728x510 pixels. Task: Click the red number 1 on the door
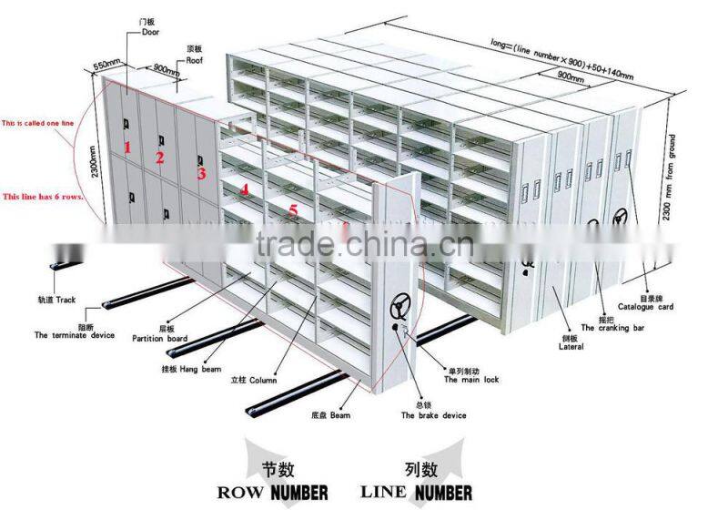pyautogui.click(x=128, y=146)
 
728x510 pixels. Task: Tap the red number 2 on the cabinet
pyautogui.click(x=159, y=158)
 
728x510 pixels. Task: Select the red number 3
pyautogui.click(x=201, y=173)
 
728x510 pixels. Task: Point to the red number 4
pyautogui.click(x=244, y=189)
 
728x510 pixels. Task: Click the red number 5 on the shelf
pyautogui.click(x=292, y=209)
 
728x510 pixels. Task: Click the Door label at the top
pyautogui.click(x=150, y=32)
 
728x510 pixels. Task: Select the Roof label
pyautogui.click(x=195, y=60)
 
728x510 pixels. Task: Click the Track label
pyautogui.click(x=56, y=299)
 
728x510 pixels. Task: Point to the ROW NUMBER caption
pyautogui.click(x=273, y=493)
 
